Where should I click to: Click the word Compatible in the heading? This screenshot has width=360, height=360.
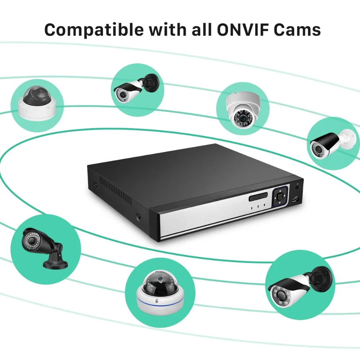(94, 30)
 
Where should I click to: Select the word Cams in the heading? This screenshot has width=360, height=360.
(298, 30)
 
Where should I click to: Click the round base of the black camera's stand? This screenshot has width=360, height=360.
(55, 265)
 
